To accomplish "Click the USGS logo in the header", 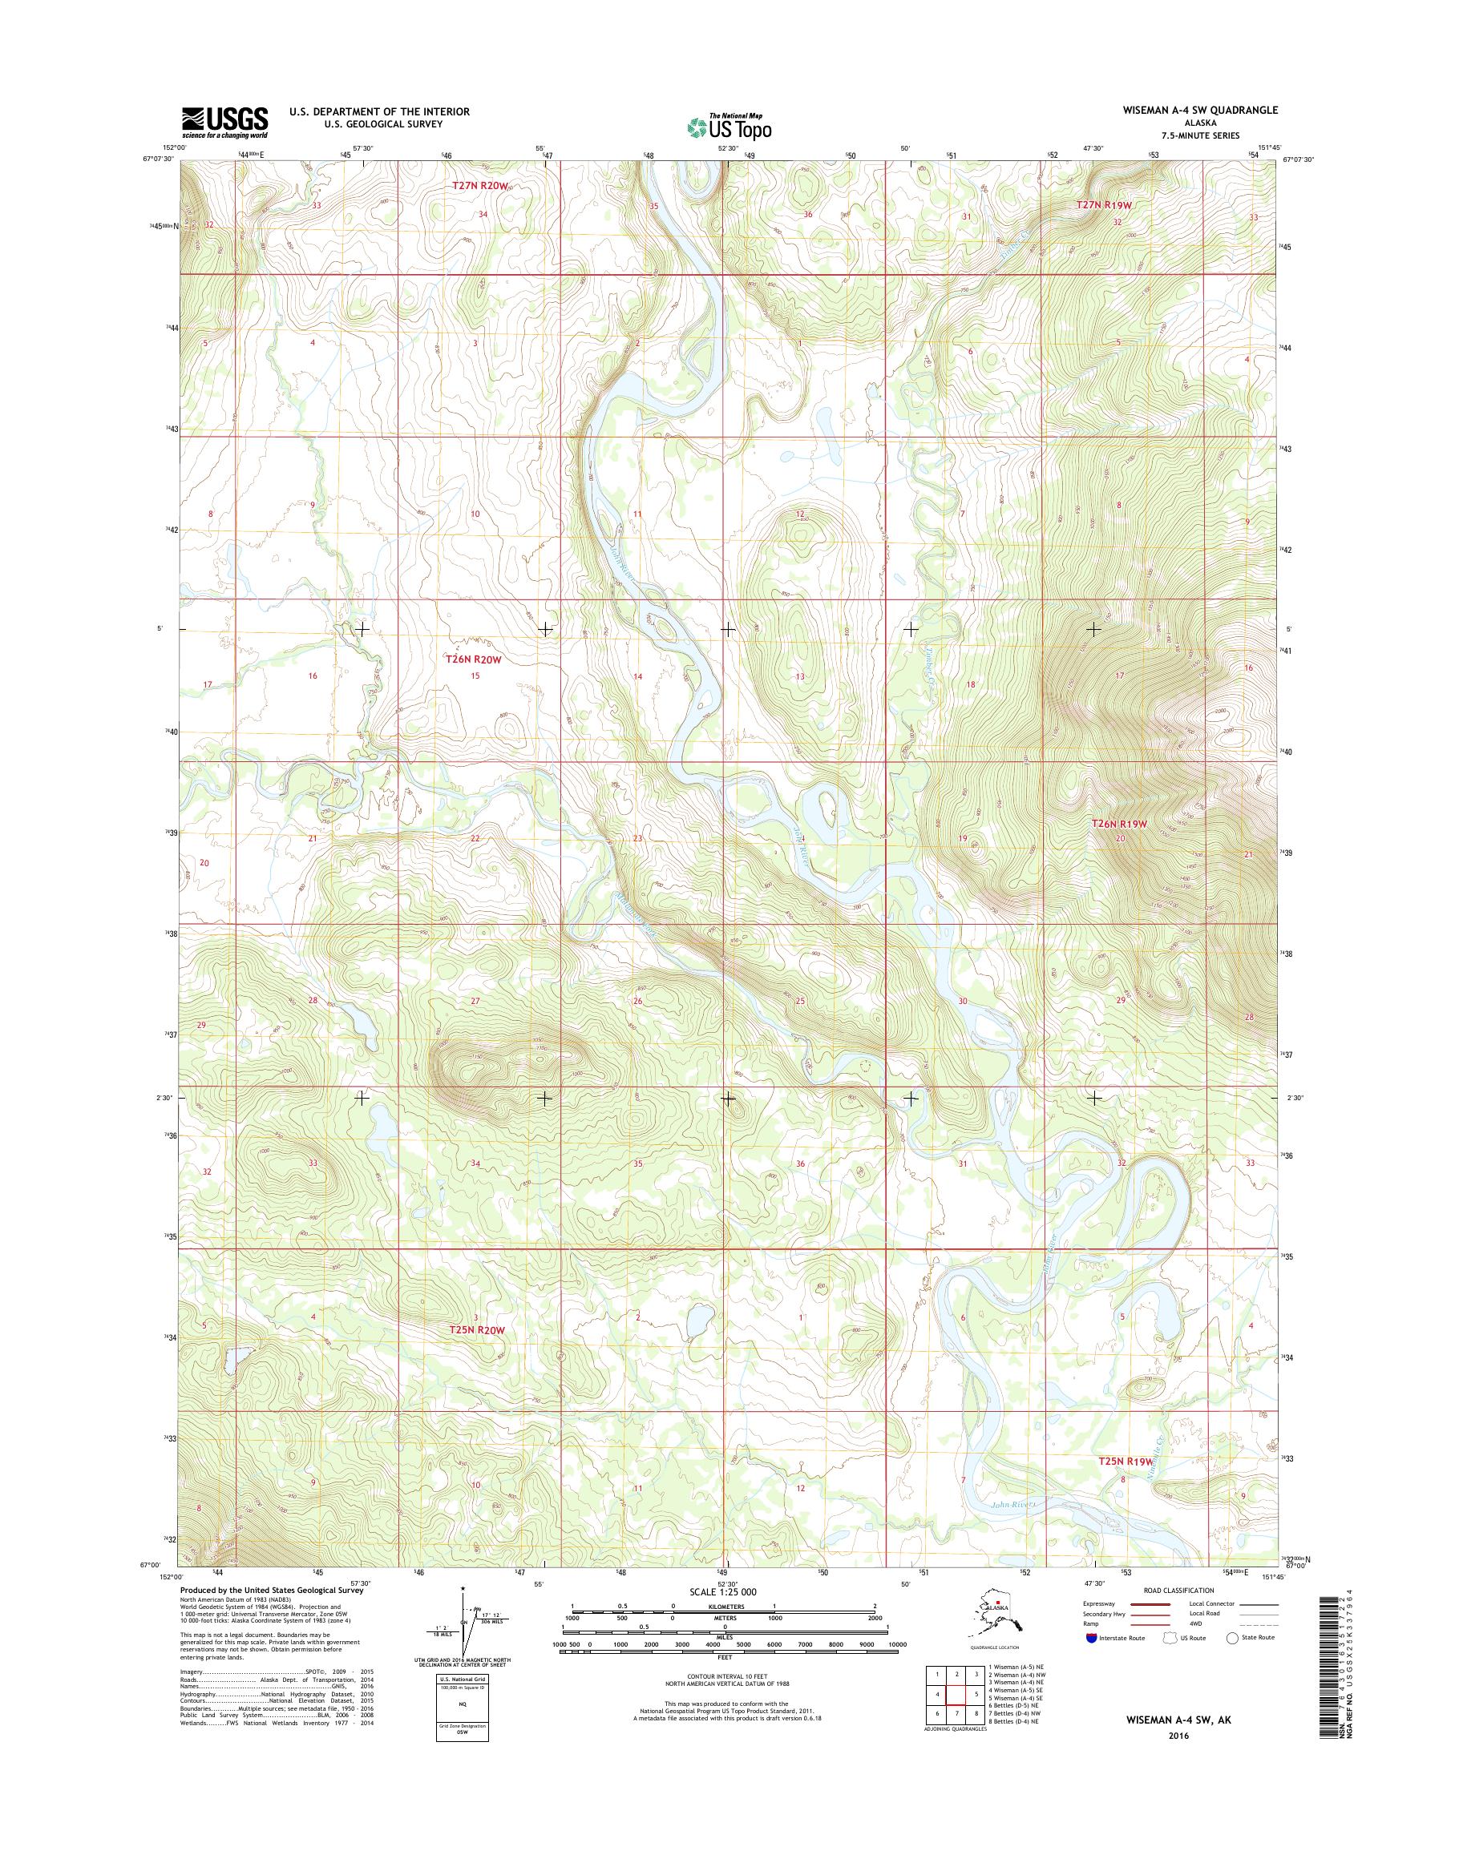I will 224,122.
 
